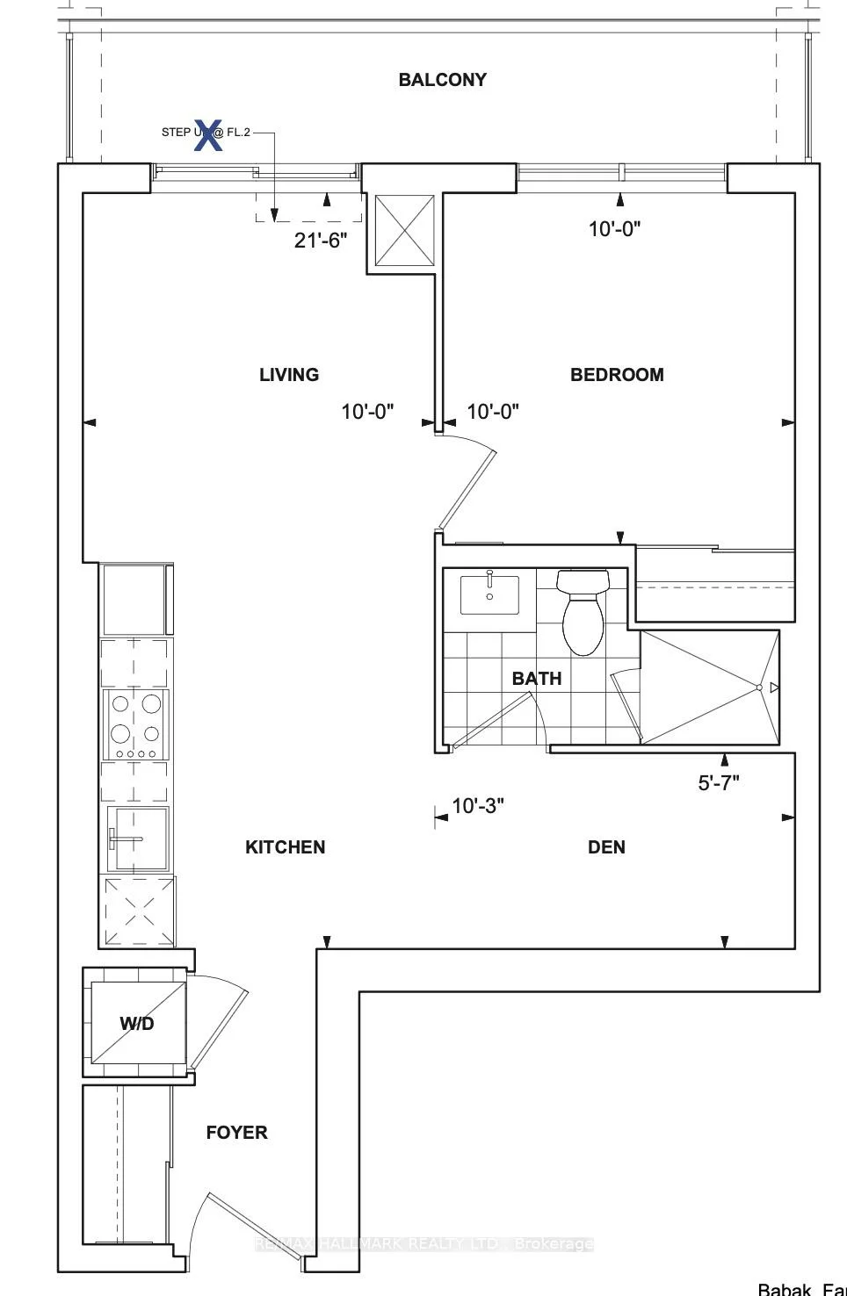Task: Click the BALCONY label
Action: pyautogui.click(x=442, y=80)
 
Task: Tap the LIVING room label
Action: pyautogui.click(x=288, y=375)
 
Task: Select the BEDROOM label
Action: pyautogui.click(x=617, y=375)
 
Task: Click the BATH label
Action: pyautogui.click(x=536, y=679)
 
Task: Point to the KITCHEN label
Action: pyautogui.click(x=285, y=847)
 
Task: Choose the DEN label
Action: pyautogui.click(x=606, y=847)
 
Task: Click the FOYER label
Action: pyautogui.click(x=236, y=1133)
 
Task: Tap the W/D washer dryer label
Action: pyautogui.click(x=137, y=1024)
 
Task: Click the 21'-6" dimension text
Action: pyautogui.click(x=321, y=241)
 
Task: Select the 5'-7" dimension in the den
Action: pyautogui.click(x=719, y=783)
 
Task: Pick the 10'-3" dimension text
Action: pyautogui.click(x=477, y=806)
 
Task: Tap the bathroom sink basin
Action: pyautogui.click(x=489, y=594)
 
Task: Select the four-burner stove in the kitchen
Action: pyautogui.click(x=136, y=724)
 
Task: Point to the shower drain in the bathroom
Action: pyautogui.click(x=758, y=688)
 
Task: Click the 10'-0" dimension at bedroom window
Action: pyautogui.click(x=614, y=229)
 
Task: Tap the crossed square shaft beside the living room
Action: pyautogui.click(x=405, y=230)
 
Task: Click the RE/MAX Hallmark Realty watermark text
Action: pyautogui.click(x=423, y=1244)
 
